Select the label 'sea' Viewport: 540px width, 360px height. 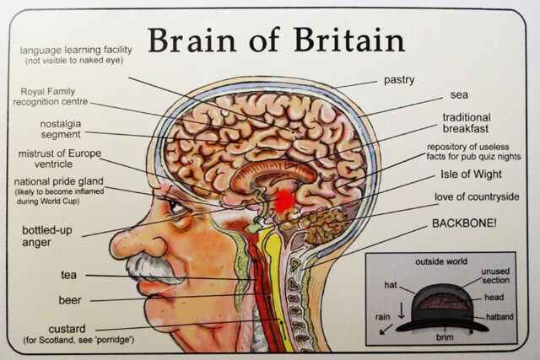click(x=459, y=95)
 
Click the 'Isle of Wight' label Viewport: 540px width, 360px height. click(x=470, y=175)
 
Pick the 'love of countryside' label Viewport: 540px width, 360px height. click(x=476, y=197)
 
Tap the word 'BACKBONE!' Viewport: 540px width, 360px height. click(x=469, y=223)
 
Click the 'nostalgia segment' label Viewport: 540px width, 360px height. click(x=51, y=129)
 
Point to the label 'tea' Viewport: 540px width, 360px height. click(x=68, y=274)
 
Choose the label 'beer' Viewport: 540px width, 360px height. click(x=71, y=298)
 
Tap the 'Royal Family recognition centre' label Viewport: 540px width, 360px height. click(x=51, y=97)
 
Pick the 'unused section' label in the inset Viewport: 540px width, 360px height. click(x=495, y=276)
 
